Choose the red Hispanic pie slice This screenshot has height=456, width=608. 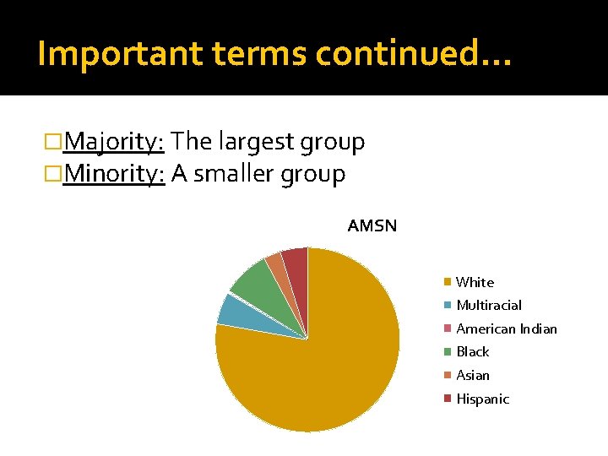tap(296, 262)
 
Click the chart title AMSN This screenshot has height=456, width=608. tap(372, 226)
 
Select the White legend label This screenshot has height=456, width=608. tap(475, 282)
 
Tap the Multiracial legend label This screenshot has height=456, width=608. tap(489, 305)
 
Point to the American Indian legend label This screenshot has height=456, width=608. tap(507, 328)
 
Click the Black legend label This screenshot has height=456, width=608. tap(472, 351)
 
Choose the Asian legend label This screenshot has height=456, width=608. tap(472, 375)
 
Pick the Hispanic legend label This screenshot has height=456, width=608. tap(482, 399)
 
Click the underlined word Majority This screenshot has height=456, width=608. tap(113, 143)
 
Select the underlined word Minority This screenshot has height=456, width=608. tap(113, 175)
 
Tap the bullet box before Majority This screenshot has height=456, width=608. tap(55, 142)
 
